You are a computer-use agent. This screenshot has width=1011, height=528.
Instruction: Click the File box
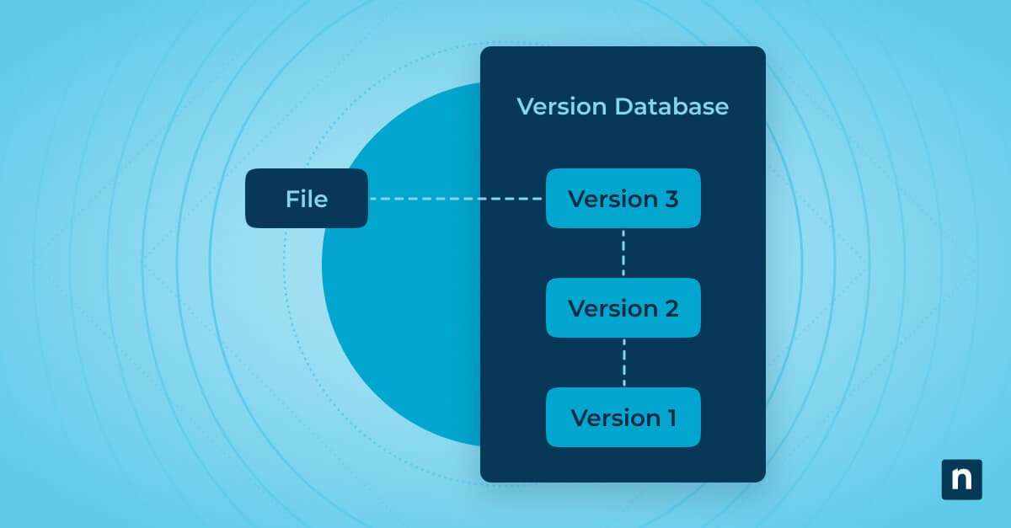coord(306,198)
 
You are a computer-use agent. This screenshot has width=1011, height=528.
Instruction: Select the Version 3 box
coord(623,199)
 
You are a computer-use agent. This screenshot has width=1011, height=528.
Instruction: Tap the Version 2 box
coord(623,307)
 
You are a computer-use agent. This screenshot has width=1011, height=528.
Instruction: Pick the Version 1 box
coord(623,417)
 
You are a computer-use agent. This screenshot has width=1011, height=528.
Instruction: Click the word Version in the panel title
coord(561,107)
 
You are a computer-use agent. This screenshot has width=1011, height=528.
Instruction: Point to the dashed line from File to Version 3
coord(456,199)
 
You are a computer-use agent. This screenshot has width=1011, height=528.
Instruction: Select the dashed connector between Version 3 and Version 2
coord(623,253)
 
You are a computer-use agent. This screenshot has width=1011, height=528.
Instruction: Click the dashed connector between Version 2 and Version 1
coord(623,362)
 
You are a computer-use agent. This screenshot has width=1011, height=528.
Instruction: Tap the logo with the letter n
coord(961,480)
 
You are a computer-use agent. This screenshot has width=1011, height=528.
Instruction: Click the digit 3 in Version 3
coord(670,199)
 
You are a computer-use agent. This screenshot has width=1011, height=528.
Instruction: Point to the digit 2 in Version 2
coord(670,308)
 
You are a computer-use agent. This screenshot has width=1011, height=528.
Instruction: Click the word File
coord(306,199)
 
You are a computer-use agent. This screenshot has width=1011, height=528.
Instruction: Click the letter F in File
coord(292,199)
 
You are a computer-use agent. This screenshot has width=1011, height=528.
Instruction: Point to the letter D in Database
coord(623,107)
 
